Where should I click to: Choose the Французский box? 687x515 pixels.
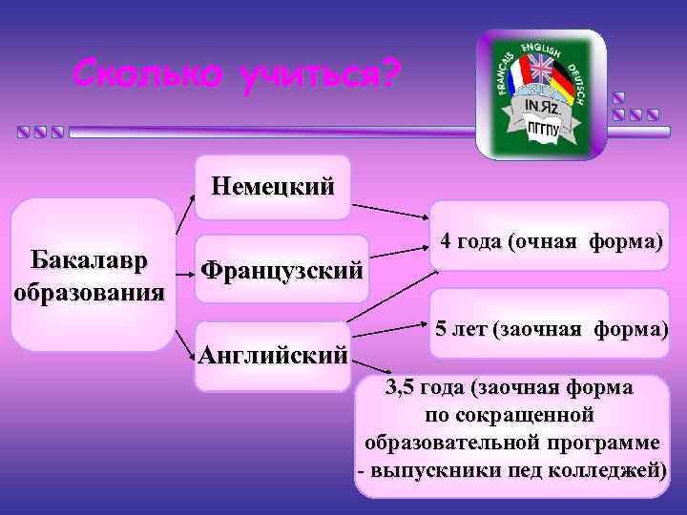(281, 270)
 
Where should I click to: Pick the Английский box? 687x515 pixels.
(272, 357)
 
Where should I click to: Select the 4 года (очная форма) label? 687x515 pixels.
(551, 242)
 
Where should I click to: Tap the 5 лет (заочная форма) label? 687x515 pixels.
(551, 330)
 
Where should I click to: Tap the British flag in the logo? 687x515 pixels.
(541, 69)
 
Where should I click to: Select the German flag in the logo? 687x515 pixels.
(563, 84)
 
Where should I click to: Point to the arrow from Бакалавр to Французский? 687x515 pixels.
(183, 271)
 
